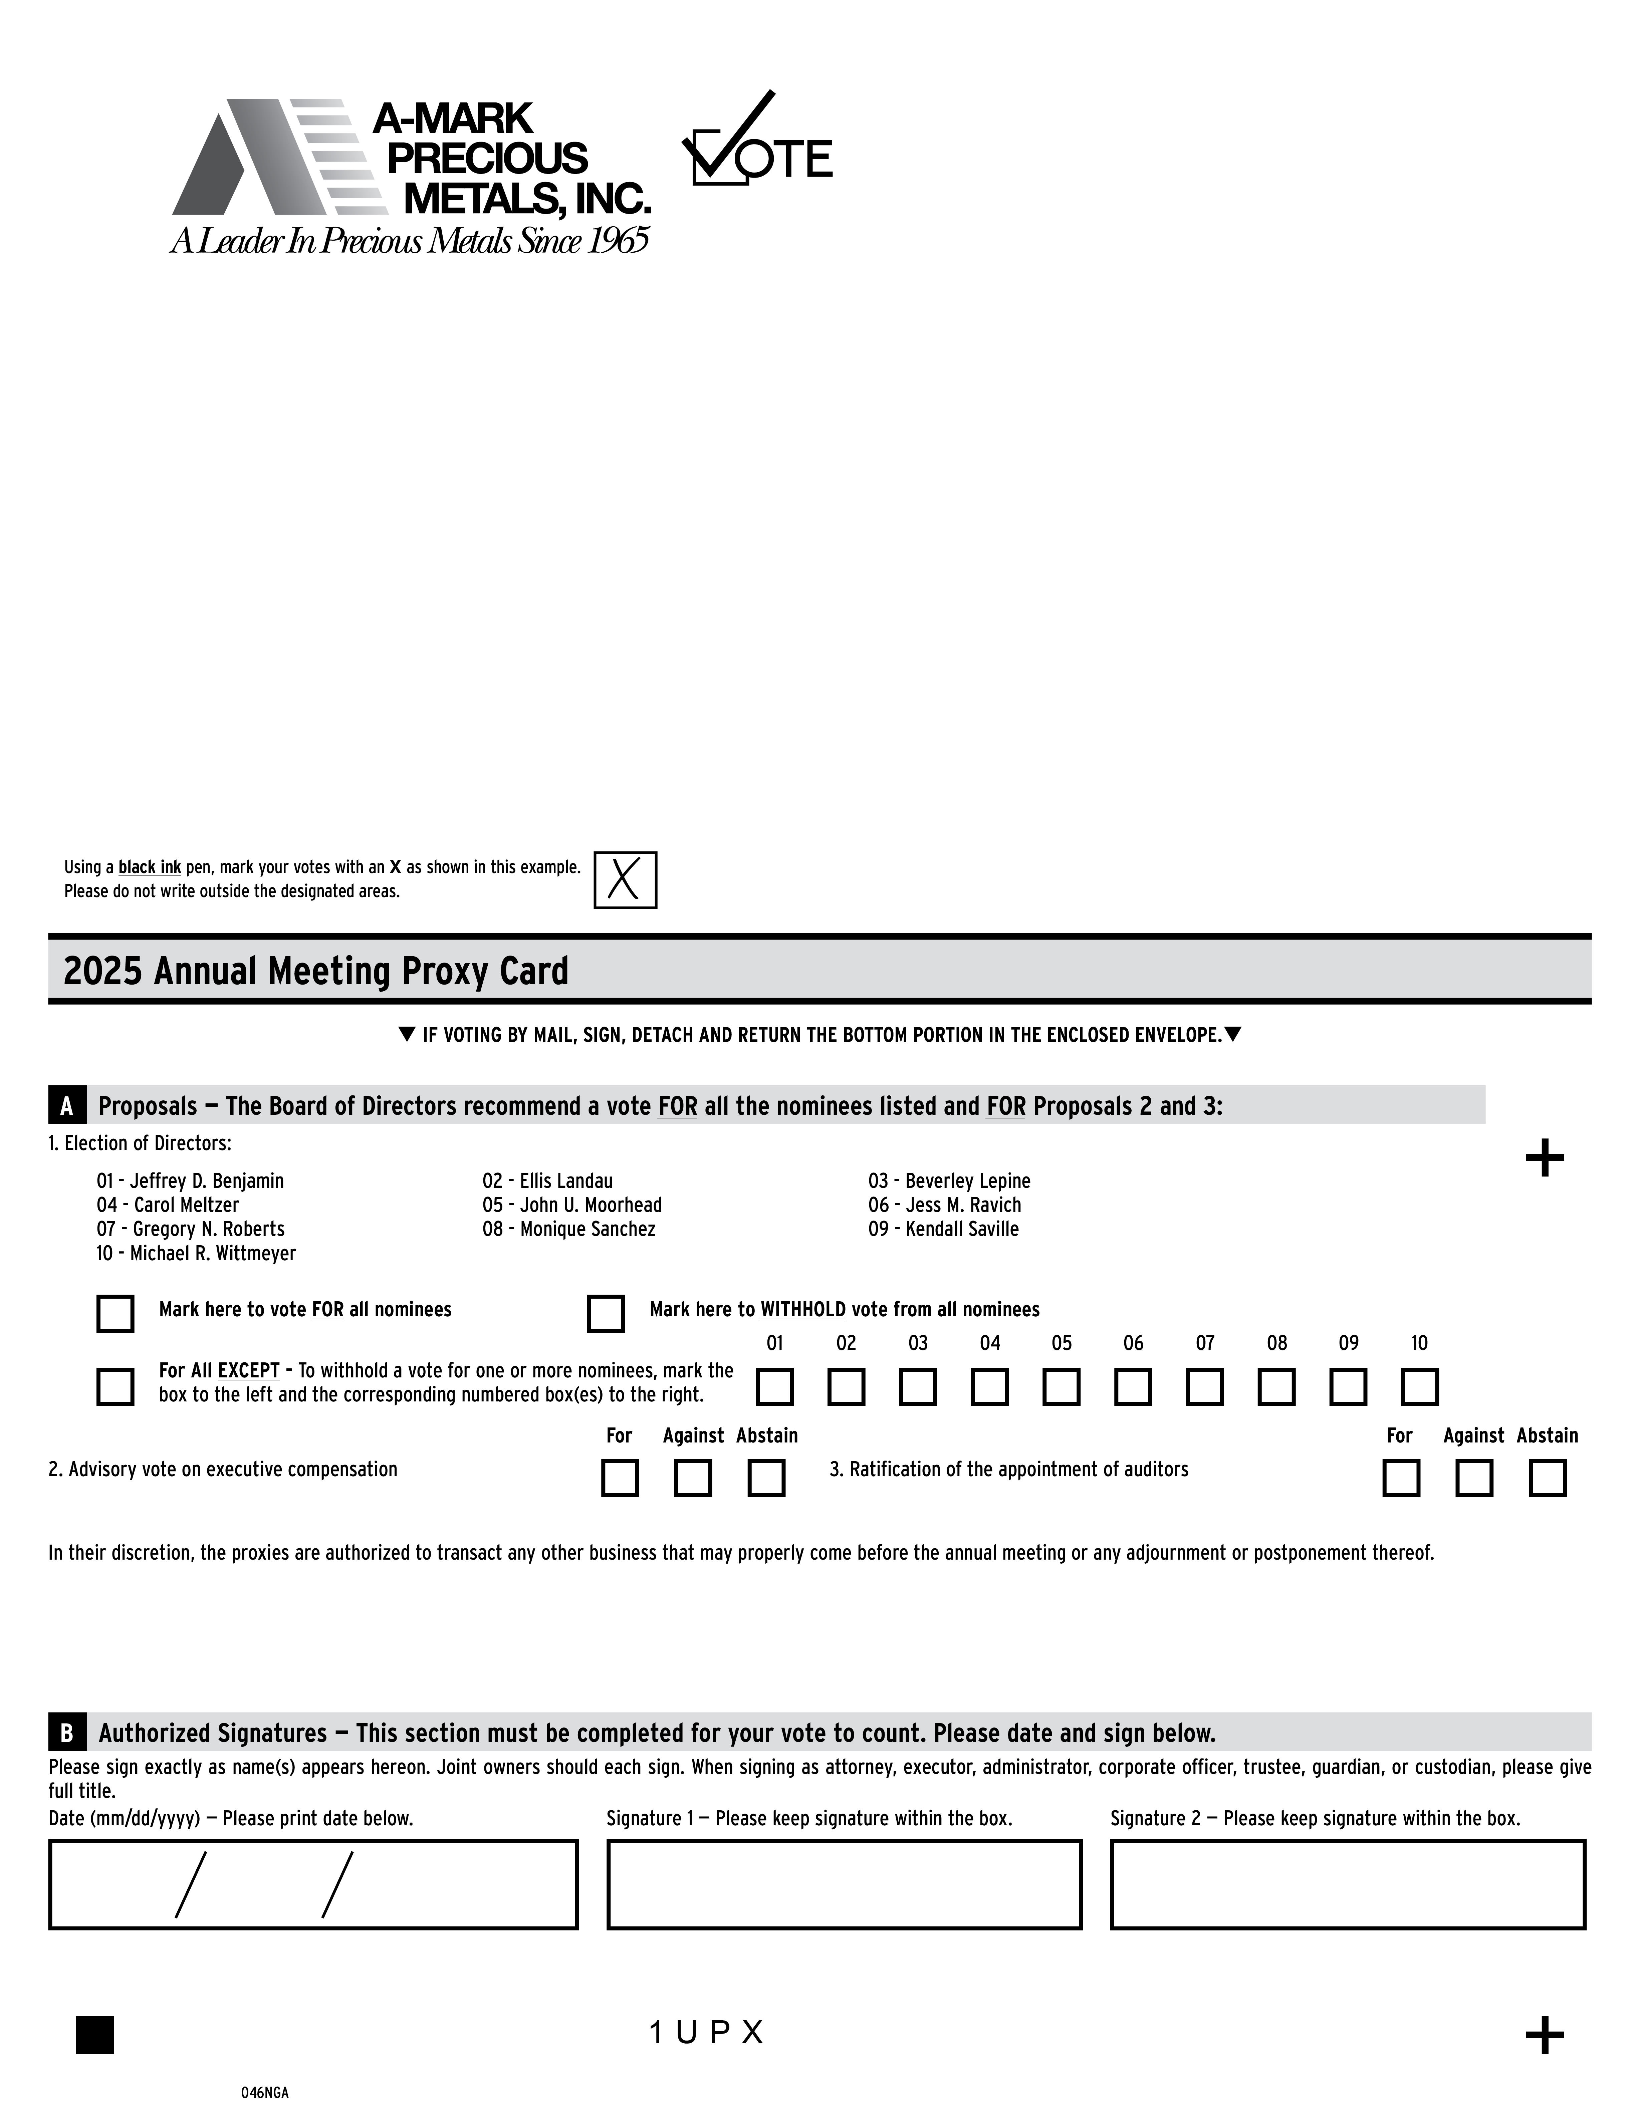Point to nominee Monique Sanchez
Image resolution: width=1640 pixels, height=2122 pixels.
pos(587,1229)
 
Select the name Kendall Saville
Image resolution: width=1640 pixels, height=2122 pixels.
pos(962,1229)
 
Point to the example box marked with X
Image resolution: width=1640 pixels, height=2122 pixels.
pos(625,880)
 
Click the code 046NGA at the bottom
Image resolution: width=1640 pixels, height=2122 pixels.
pos(265,2093)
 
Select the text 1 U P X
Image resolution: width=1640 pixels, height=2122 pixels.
pos(706,2033)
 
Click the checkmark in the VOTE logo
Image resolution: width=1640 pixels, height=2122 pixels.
pos(733,136)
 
